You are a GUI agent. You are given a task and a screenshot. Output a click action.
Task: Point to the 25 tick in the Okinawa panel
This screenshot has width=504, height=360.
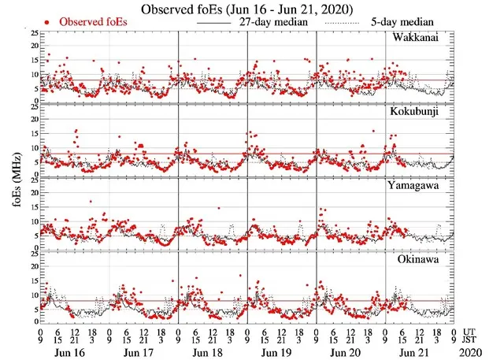pos(32,253)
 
